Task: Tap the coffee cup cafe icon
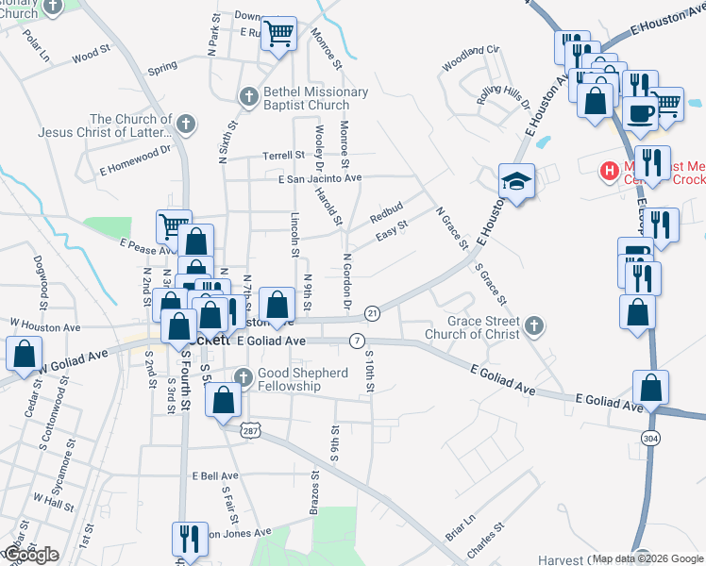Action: [x=641, y=112]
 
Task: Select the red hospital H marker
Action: [x=610, y=172]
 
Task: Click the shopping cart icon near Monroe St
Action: [x=278, y=34]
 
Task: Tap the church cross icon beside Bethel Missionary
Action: [x=248, y=96]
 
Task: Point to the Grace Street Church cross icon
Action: [x=534, y=327]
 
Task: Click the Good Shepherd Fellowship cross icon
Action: [x=244, y=378]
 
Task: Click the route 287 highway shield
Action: [x=250, y=429]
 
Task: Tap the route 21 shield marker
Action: [x=372, y=312]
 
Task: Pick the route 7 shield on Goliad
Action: [x=357, y=340]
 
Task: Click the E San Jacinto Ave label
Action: [x=320, y=177]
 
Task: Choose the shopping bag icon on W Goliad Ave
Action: [x=23, y=355]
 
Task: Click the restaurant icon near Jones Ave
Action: [x=187, y=539]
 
